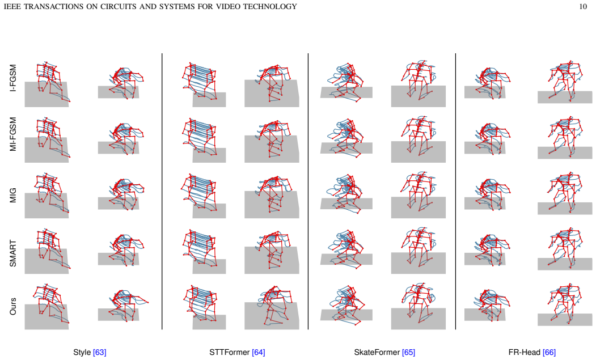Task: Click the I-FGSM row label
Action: pyautogui.click(x=13, y=78)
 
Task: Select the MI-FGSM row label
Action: pyautogui.click(x=13, y=134)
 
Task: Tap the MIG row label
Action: pyautogui.click(x=13, y=195)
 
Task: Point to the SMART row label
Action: pyautogui.click(x=13, y=253)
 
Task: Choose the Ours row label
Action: pyautogui.click(x=13, y=306)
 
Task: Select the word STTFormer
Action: pyautogui.click(x=229, y=353)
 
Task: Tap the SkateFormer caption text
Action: pyautogui.click(x=377, y=353)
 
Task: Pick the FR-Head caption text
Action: pyautogui.click(x=524, y=353)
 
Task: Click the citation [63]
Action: pyautogui.click(x=100, y=353)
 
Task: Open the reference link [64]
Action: pyautogui.click(x=259, y=353)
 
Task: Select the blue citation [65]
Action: pyautogui.click(x=409, y=353)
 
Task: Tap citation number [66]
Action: pyautogui.click(x=549, y=353)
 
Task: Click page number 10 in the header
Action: pyautogui.click(x=583, y=6)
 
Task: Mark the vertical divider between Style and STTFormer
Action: pyautogui.click(x=162, y=191)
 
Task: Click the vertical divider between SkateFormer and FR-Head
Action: pyautogui.click(x=456, y=191)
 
